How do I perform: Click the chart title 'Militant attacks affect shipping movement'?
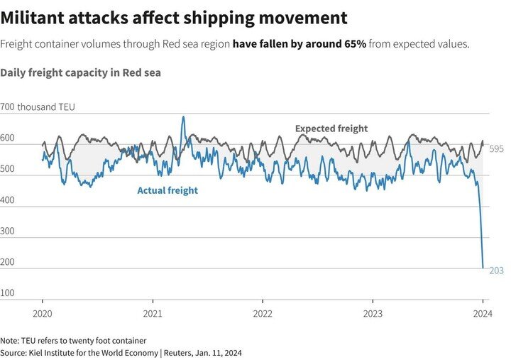point(175,18)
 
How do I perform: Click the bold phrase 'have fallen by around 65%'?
point(299,44)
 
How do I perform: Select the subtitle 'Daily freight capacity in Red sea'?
point(81,72)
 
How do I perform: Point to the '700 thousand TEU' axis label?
point(38,107)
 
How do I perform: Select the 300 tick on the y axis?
point(9,231)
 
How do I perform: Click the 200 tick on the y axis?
point(9,263)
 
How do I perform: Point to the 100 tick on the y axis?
point(9,293)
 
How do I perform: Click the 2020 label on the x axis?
point(43,312)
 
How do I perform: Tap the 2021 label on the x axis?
point(153,312)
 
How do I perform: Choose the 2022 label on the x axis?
point(263,312)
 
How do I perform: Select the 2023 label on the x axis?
point(373,312)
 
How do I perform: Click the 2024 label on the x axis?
point(483,312)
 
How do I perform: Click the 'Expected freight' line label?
point(331,129)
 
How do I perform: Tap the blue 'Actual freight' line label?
point(167,190)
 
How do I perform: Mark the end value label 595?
point(496,149)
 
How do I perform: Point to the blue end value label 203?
point(496,271)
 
